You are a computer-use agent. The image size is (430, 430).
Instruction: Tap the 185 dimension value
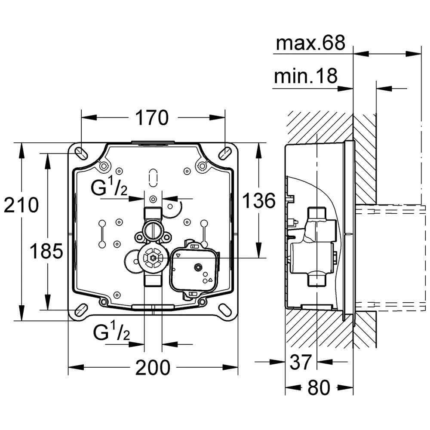click(46, 251)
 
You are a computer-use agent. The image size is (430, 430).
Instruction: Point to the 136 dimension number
click(258, 200)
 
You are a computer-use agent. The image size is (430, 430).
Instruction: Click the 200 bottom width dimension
click(153, 368)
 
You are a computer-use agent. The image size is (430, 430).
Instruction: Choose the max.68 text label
click(310, 43)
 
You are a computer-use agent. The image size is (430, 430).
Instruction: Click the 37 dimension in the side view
click(300, 362)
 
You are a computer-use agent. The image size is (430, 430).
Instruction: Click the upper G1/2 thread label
click(109, 189)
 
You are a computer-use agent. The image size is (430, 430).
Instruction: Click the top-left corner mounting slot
click(80, 153)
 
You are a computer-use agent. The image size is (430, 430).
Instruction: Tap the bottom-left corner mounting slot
click(80, 310)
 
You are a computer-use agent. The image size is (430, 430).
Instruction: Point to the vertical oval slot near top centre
click(153, 177)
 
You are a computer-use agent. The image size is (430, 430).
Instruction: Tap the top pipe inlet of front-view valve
click(153, 213)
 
